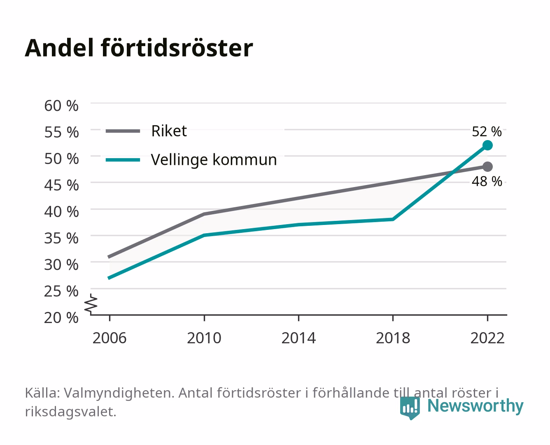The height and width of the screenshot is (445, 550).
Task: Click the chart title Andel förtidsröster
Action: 139,48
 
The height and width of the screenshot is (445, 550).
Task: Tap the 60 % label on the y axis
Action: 61,106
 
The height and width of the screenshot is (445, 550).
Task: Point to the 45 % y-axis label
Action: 61,185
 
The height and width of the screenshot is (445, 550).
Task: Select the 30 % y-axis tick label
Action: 61,265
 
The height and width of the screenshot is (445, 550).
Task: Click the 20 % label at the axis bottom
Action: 61,318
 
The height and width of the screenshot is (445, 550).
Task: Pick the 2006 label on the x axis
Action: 110,338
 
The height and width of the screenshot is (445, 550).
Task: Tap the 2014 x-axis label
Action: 298,338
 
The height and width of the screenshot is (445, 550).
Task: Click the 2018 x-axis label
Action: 393,338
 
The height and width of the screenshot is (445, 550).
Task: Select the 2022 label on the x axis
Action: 487,338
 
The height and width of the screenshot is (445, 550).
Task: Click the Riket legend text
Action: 169,131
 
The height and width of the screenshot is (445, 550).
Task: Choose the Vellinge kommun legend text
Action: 214,160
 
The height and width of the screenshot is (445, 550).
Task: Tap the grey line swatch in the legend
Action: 123,131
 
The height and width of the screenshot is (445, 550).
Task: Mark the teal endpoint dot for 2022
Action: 487,145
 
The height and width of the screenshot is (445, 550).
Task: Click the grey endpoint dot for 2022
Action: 487,167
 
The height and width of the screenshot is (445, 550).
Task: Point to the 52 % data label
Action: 487,131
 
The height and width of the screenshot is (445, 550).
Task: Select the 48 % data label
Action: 487,181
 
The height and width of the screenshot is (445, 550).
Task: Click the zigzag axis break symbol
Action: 91,304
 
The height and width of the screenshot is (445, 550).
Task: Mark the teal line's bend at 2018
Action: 393,219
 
